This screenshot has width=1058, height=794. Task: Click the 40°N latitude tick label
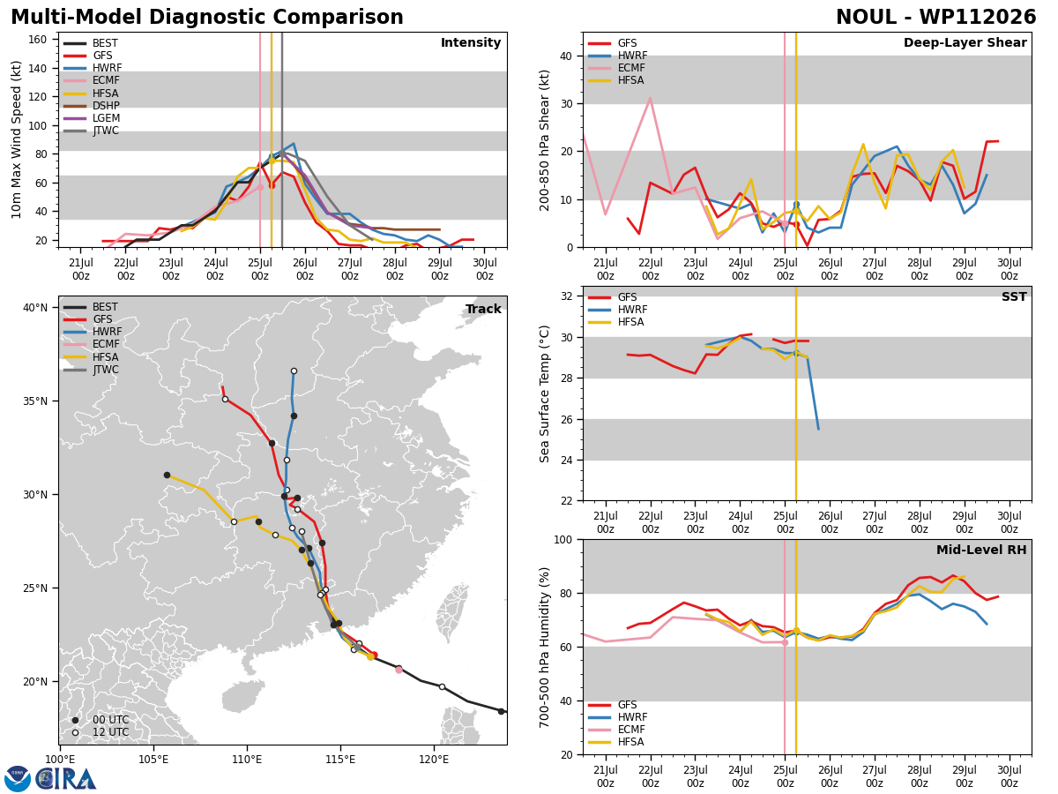tap(35, 308)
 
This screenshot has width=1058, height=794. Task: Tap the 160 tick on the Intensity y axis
tap(38, 40)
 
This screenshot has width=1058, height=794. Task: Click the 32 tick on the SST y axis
tap(567, 296)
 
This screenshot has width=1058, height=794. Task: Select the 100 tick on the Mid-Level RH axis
tap(563, 540)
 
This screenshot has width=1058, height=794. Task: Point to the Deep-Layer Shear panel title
tap(965, 42)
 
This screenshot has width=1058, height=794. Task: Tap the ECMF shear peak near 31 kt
tap(650, 98)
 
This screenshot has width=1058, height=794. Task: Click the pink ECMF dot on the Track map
tap(399, 670)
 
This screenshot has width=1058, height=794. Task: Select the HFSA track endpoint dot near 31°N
tap(167, 476)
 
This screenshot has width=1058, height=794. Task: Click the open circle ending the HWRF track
tap(294, 371)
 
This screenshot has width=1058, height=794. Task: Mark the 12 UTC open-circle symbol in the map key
tap(75, 733)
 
